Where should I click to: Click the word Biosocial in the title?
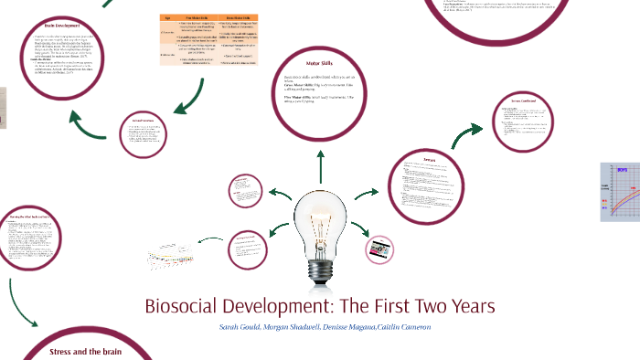187,305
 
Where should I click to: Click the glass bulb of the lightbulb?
320,215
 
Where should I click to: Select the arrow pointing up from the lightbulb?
320,164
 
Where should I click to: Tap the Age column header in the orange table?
168,18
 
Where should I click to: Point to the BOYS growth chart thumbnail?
620,192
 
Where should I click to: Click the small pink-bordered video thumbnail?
379,249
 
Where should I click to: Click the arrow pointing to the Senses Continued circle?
465,136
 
